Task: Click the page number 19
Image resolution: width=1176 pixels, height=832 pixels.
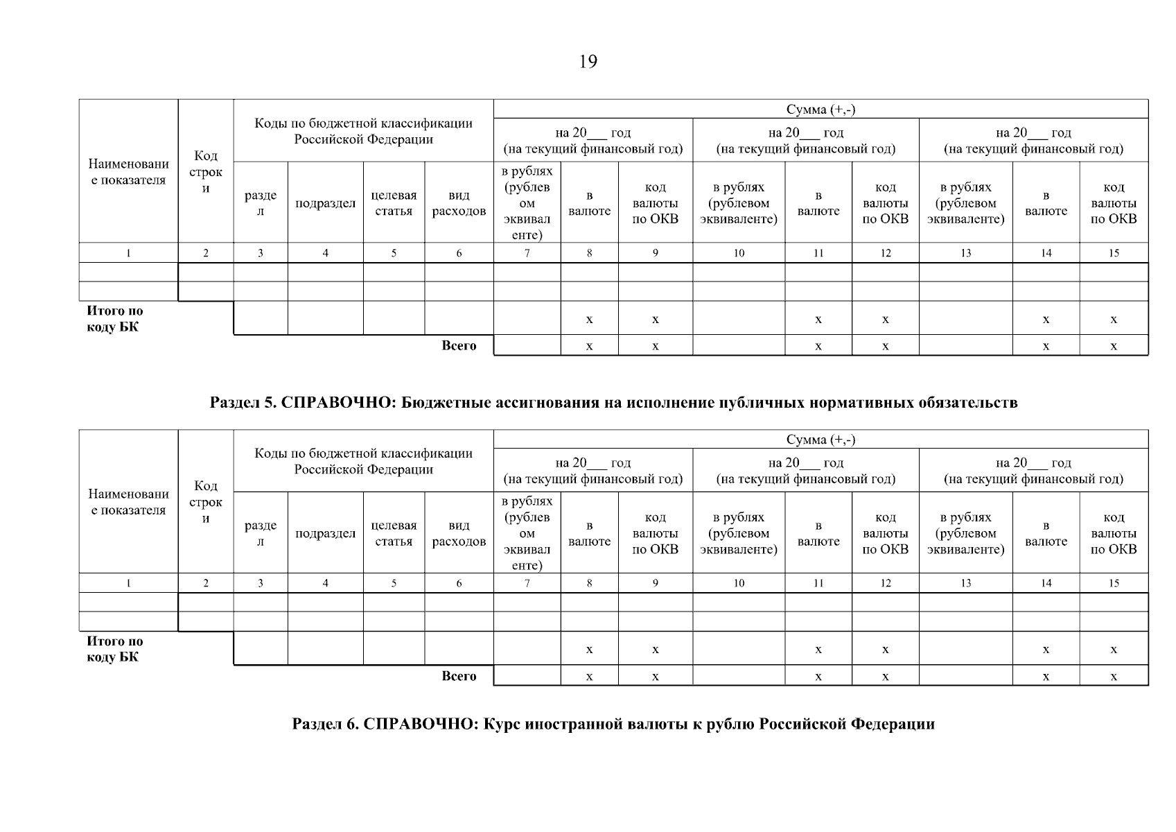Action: [x=587, y=62]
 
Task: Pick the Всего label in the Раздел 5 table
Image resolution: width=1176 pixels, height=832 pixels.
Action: [x=459, y=676]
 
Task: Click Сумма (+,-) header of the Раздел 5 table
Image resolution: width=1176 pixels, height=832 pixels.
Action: [x=820, y=440]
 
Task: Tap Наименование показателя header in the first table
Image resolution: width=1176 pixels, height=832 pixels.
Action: [x=128, y=172]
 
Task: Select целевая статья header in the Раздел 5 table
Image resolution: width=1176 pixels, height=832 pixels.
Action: [x=394, y=534]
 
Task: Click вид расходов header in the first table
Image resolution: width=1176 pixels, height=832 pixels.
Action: [x=459, y=203]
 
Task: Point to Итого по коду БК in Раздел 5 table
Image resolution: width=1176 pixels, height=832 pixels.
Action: [x=115, y=649]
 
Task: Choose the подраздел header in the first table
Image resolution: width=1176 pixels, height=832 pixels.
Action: [x=325, y=203]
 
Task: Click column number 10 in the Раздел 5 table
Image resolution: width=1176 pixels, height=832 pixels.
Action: [x=739, y=584]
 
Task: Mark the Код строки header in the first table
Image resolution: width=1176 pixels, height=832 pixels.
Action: [x=206, y=172]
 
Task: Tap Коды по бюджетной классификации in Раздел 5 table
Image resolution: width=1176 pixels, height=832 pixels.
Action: [x=363, y=461]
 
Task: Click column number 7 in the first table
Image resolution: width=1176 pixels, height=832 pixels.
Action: [x=527, y=253]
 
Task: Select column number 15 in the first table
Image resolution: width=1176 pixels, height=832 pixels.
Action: [x=1113, y=253]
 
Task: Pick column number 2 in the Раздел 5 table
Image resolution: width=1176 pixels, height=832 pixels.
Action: [x=206, y=584]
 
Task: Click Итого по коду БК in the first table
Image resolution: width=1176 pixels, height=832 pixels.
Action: [x=115, y=319]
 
